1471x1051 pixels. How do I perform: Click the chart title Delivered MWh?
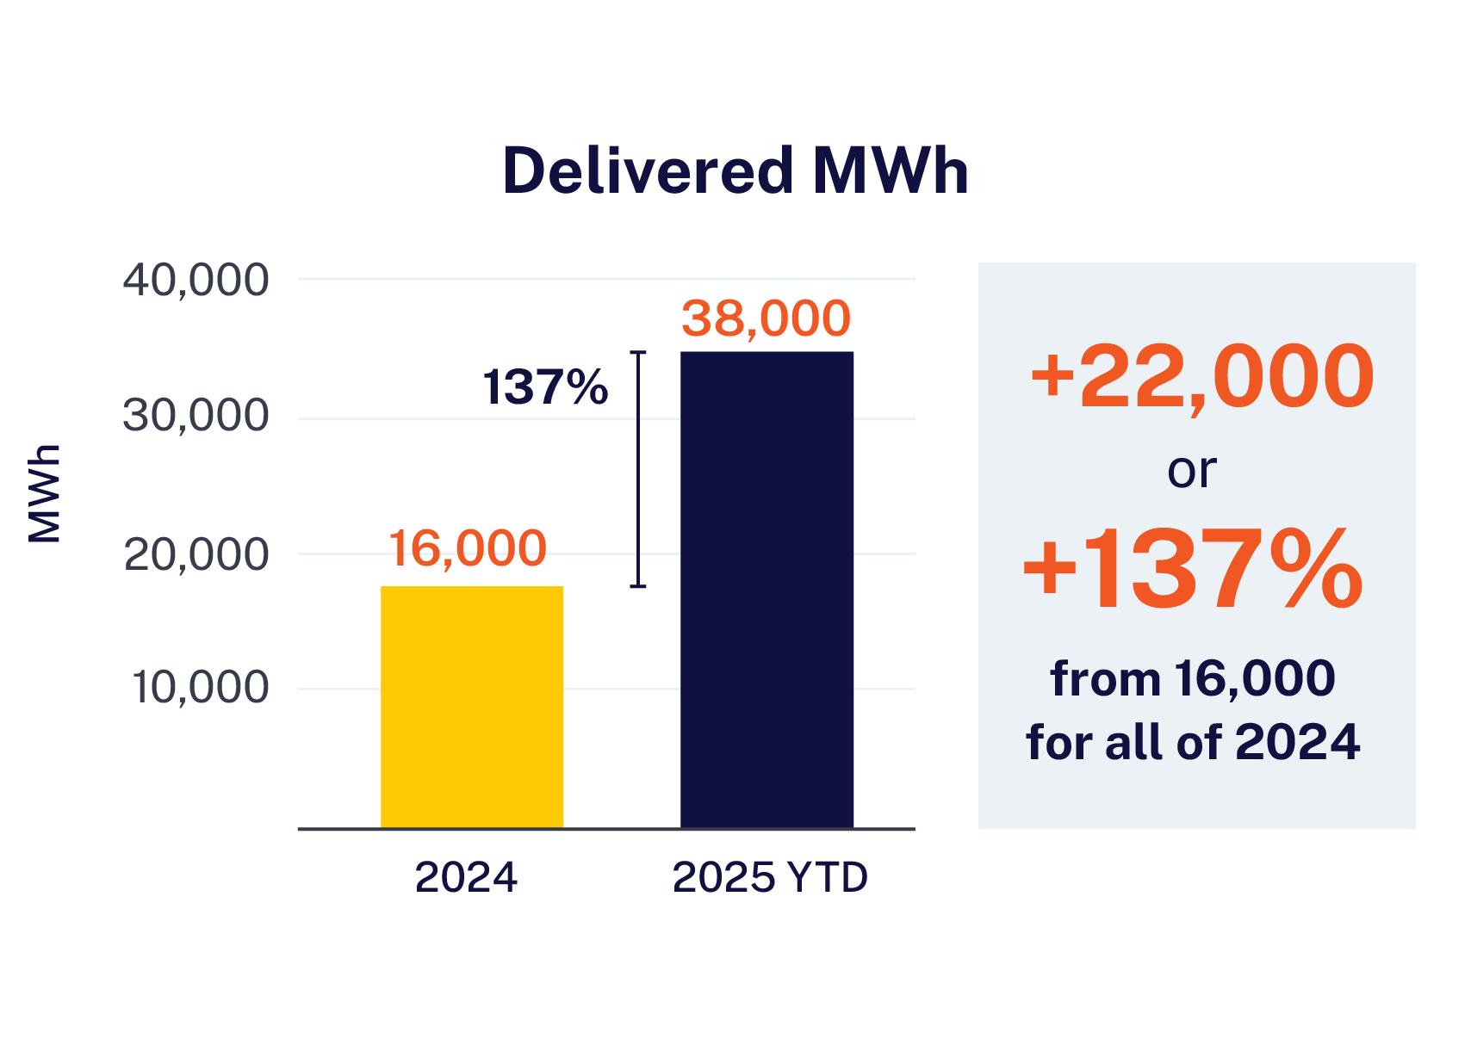tap(735, 171)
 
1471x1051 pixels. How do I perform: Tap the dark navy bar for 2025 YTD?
tap(767, 590)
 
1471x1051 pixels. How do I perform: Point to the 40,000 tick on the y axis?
tap(196, 281)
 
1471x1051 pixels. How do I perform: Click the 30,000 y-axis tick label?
tap(196, 417)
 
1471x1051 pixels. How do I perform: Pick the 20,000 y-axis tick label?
tap(196, 555)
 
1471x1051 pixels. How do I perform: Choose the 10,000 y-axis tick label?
tap(200, 688)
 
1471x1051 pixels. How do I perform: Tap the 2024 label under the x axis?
tap(466, 878)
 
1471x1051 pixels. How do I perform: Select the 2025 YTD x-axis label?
tap(770, 878)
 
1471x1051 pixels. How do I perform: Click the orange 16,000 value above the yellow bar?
tap(468, 548)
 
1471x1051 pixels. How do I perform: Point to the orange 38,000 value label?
tap(766, 318)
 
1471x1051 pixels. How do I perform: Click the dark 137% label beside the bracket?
tap(545, 386)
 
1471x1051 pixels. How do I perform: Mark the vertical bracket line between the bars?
tap(638, 469)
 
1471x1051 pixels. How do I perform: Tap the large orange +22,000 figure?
tap(1201, 377)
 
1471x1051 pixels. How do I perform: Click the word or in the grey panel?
tap(1192, 470)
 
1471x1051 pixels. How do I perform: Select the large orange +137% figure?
tap(1193, 571)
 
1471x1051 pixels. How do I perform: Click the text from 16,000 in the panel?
tap(1193, 678)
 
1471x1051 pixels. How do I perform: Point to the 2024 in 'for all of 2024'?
tap(1297, 741)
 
